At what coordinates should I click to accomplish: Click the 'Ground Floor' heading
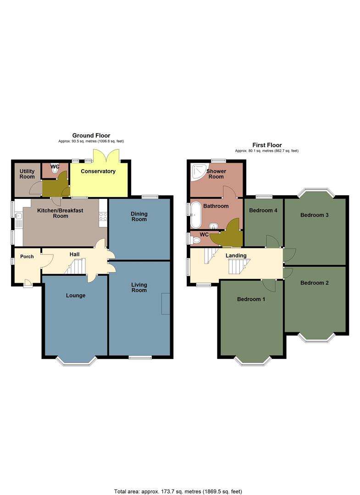[91, 135]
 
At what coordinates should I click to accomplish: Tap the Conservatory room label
[98, 171]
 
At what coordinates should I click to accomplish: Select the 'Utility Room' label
[27, 174]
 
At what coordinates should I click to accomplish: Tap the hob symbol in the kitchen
[103, 217]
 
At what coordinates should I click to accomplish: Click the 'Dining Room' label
[139, 216]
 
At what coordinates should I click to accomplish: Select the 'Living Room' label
[139, 287]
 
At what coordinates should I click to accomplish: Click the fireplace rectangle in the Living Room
[166, 303]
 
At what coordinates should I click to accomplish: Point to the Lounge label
[76, 296]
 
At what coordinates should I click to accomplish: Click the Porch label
[27, 257]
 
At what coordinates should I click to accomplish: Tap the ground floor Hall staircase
[76, 266]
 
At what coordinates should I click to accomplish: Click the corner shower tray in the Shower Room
[199, 172]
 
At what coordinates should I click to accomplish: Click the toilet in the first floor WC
[196, 239]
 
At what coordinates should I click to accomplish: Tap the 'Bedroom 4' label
[263, 211]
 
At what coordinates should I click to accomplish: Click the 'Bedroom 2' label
[315, 283]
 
